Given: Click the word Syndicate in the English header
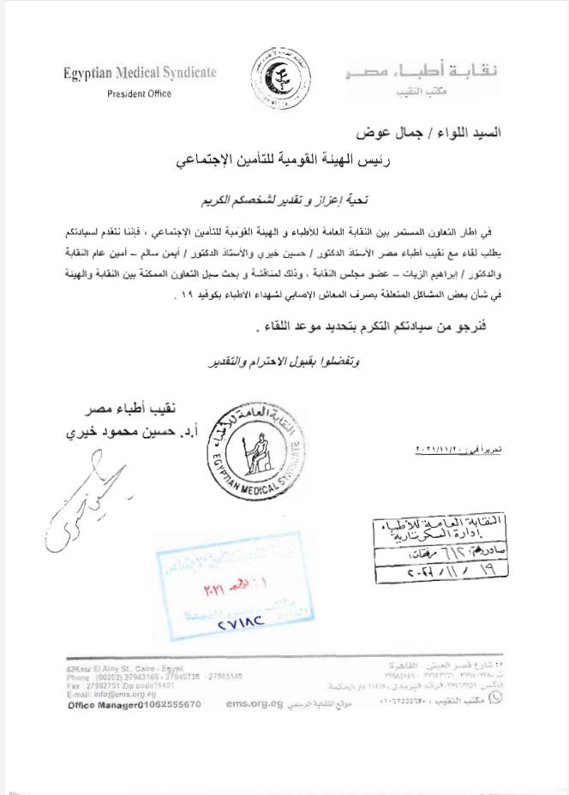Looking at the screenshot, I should tap(183, 74).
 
